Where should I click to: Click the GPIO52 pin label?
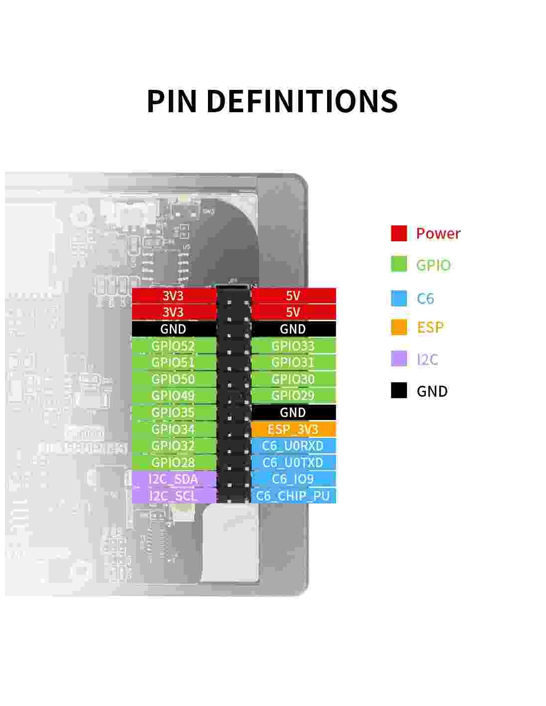pos(173,346)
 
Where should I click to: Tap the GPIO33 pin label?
pos(293,346)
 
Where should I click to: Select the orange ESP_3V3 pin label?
pos(293,429)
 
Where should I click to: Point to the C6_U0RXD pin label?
pos(293,445)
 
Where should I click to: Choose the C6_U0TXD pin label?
pos(293,462)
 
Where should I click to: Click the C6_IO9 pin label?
pos(293,479)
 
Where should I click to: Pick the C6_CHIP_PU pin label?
pos(293,495)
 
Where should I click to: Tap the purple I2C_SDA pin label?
pos(173,479)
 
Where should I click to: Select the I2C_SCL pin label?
pos(173,495)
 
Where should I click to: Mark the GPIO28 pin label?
pos(173,462)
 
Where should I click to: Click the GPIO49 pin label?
pos(173,396)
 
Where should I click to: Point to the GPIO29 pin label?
pos(293,396)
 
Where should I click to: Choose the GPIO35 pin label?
pos(173,412)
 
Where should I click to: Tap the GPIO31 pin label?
pos(293,362)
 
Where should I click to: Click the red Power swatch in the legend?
pos(399,233)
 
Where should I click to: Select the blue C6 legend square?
pos(399,298)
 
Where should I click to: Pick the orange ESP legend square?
pos(399,327)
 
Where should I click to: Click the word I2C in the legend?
pos(427,359)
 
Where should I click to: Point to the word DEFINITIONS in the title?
pos(302,101)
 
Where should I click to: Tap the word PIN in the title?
pos(172,101)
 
